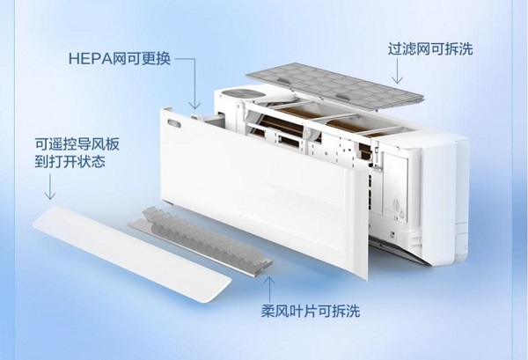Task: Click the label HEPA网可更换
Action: click(120, 59)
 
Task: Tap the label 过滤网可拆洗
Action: click(430, 48)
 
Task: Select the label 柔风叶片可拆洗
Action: click(311, 311)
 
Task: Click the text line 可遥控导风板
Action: click(77, 144)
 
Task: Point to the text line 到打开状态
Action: click(70, 161)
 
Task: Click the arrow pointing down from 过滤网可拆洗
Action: click(398, 71)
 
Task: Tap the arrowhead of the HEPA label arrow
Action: click(194, 106)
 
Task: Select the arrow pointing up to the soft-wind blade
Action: click(269, 289)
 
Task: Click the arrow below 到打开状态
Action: click(50, 187)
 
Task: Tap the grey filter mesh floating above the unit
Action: click(334, 86)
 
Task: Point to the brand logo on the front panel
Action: click(175, 123)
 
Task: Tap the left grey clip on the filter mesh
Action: click(283, 80)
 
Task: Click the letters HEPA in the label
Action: click(91, 59)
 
